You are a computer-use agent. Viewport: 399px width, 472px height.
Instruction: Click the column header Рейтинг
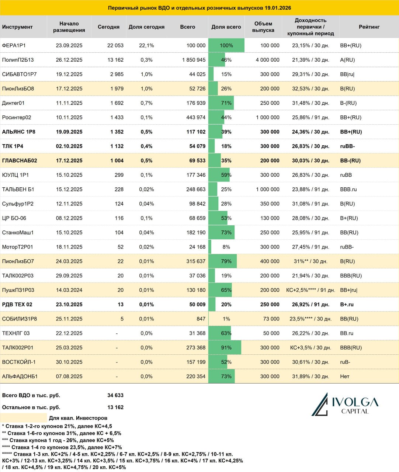coord(369,27)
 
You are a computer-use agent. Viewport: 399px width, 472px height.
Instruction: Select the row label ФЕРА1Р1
coord(14,45)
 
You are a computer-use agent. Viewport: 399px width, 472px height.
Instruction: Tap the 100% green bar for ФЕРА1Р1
coord(226,45)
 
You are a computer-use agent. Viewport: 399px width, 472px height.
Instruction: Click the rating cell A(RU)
coord(347,60)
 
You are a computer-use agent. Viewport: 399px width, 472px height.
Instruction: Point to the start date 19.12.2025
coord(69,74)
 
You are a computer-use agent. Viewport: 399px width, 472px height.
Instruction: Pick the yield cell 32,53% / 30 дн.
coord(310,88)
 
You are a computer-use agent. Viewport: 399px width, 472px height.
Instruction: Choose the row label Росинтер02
coord(17,117)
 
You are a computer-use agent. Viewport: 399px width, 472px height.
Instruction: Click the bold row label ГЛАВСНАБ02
coord(20,160)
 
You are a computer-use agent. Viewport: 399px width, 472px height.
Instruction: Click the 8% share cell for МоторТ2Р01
coord(226,247)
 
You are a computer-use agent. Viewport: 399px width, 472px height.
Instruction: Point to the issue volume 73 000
coord(271,319)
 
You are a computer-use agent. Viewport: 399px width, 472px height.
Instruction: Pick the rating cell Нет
coord(345,376)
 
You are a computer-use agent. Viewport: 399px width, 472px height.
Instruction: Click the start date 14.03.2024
coord(69,290)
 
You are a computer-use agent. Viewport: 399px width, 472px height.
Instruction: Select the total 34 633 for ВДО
coord(115,395)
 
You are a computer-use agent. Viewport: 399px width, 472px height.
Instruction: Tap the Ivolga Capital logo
coord(345,405)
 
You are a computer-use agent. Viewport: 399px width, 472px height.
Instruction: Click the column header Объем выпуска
coord(263,27)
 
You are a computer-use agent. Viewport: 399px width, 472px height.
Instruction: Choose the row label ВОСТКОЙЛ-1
coord(19,362)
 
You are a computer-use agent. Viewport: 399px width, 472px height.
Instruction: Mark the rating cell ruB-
coord(345,362)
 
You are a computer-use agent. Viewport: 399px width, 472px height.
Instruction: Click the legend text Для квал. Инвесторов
coord(78,418)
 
